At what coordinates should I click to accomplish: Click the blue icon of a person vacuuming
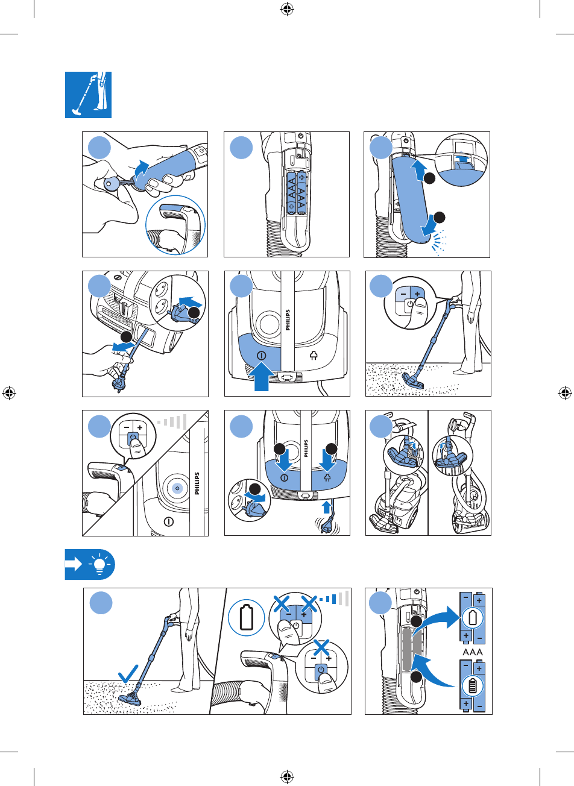coord(88,95)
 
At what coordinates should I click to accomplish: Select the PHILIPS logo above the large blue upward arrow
coord(288,320)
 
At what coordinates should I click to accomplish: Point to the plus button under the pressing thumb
coord(416,290)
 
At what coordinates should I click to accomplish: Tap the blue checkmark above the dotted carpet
coord(130,673)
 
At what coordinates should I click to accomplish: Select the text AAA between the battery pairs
coord(472,652)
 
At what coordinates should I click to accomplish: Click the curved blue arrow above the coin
coord(141,168)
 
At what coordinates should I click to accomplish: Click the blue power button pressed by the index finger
coord(133,438)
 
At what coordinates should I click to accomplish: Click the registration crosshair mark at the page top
coord(287,9)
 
